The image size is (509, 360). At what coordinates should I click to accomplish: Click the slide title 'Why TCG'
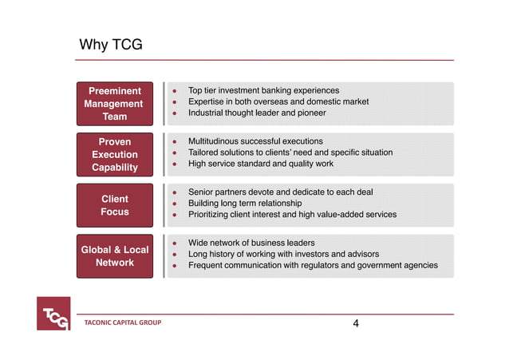[x=111, y=45]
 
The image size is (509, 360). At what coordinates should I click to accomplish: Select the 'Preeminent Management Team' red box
[x=114, y=104]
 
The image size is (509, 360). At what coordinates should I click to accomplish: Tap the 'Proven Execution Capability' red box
[x=114, y=154]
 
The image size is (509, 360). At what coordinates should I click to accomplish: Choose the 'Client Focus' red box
[x=114, y=205]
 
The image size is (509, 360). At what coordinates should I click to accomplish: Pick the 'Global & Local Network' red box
[x=114, y=256]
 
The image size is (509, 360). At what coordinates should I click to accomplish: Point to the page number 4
[x=356, y=323]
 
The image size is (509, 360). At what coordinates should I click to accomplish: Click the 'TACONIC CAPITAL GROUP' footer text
[x=123, y=323]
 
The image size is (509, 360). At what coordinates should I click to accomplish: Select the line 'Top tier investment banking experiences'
[x=263, y=91]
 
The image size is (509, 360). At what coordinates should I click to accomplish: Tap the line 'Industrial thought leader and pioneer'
[x=257, y=113]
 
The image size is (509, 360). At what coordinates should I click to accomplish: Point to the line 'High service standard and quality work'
[x=261, y=164]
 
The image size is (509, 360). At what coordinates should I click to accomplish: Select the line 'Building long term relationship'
[x=245, y=204]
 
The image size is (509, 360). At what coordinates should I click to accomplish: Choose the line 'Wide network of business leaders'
[x=251, y=243]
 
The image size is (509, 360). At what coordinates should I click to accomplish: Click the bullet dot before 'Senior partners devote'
[x=174, y=192]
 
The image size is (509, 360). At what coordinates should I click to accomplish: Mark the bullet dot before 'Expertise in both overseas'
[x=174, y=102]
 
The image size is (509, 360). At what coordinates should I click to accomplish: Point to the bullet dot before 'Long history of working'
[x=174, y=255]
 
